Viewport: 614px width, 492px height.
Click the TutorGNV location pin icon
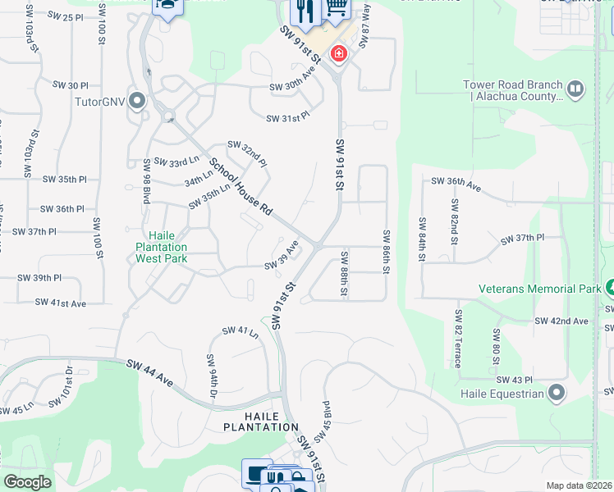point(136,102)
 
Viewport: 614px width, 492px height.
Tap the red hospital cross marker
point(337,54)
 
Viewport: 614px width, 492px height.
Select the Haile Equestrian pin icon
point(557,393)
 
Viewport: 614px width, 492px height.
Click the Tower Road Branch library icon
point(575,89)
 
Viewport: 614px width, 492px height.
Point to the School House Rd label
point(240,186)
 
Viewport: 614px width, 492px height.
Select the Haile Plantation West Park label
point(161,247)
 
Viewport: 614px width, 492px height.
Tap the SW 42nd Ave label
point(561,321)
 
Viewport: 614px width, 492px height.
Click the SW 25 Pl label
point(66,16)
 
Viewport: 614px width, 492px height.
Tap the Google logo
point(27,482)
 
